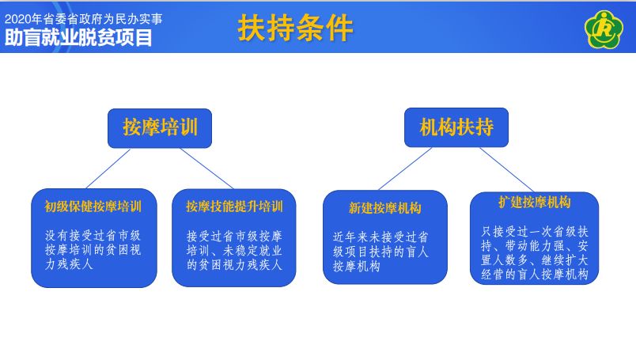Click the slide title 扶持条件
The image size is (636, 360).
(295, 28)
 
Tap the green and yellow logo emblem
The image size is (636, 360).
(604, 29)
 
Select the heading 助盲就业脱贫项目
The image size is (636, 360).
(78, 37)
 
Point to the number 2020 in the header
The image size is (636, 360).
(18, 19)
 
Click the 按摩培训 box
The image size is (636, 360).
(160, 128)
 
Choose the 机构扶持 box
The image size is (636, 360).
(456, 127)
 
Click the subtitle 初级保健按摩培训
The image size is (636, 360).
(93, 207)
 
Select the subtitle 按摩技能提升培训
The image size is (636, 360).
(234, 207)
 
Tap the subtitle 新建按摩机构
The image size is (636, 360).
(385, 208)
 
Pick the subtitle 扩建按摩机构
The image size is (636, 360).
(535, 202)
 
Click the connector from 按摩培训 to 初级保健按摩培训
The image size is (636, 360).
(108, 169)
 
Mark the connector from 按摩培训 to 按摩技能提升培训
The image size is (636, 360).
(207, 169)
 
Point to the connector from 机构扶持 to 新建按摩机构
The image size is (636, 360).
(405, 169)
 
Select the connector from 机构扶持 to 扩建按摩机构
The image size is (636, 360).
(507, 169)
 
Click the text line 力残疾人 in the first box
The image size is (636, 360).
(69, 264)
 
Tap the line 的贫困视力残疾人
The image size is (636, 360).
(234, 265)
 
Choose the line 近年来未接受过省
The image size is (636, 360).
(380, 237)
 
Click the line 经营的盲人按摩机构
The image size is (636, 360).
(535, 275)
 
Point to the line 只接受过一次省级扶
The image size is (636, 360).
(535, 232)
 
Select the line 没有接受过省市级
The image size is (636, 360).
(93, 236)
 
